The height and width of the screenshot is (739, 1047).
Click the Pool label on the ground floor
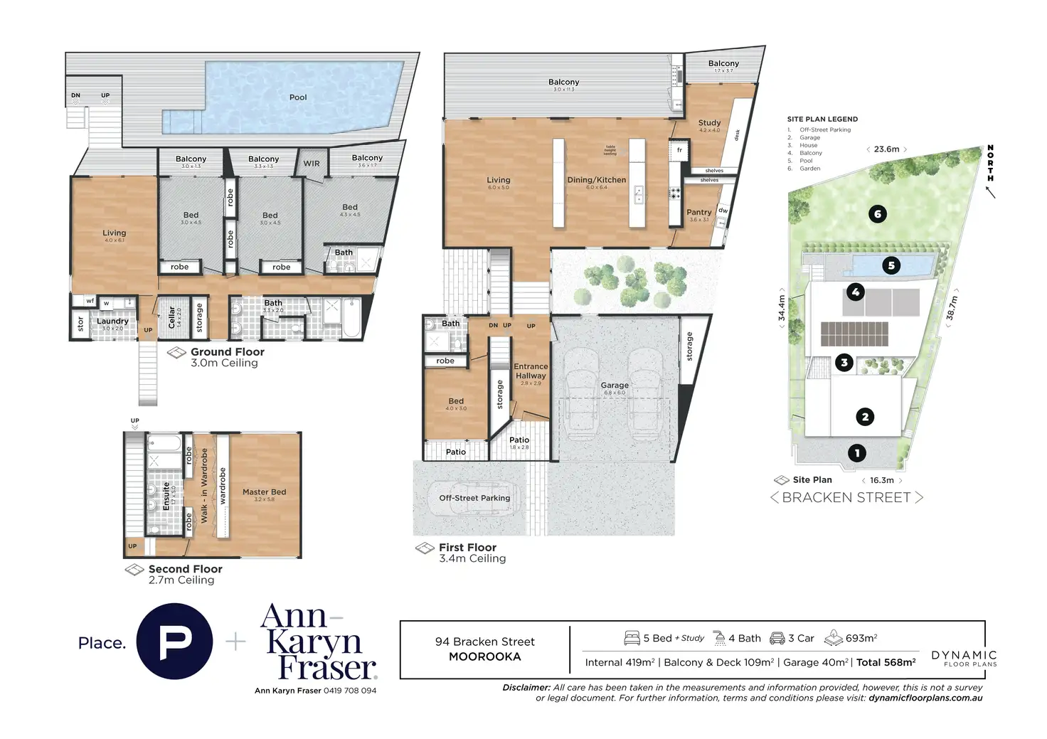[298, 97]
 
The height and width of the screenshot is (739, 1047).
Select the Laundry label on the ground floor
[112, 321]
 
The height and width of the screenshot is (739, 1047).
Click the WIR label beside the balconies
[312, 164]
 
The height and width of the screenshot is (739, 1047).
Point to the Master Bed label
[264, 492]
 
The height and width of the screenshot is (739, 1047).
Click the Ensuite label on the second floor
[166, 496]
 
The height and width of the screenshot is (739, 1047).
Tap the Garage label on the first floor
[615, 385]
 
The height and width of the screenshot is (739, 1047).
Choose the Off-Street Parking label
[474, 498]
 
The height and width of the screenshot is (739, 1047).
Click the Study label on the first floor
[709, 123]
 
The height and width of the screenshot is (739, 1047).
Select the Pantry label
[699, 212]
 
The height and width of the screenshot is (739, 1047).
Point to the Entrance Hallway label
[531, 371]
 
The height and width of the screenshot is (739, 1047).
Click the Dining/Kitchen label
[596, 180]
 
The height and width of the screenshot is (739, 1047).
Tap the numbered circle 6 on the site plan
[878, 214]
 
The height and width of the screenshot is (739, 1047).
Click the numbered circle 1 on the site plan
[857, 452]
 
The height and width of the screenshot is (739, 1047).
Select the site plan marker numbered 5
[891, 266]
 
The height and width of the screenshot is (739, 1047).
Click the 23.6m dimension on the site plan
[886, 149]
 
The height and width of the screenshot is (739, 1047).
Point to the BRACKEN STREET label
[846, 498]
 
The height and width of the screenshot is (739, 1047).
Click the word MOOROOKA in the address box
[484, 656]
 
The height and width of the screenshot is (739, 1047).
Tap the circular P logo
[174, 642]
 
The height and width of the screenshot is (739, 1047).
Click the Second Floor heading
[185, 569]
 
